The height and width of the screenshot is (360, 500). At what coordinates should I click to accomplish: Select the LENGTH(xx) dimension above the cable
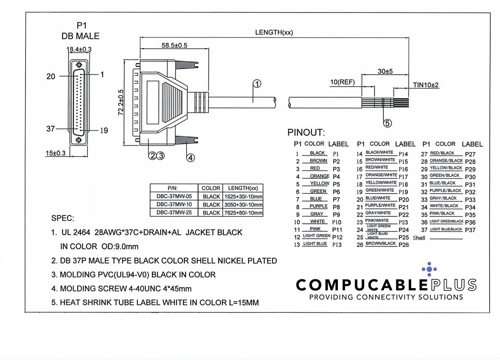point(274,32)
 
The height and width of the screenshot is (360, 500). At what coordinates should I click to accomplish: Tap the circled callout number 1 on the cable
point(257,84)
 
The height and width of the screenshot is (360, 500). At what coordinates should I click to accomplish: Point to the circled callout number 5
point(388,123)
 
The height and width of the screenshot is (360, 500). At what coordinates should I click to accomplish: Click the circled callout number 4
point(190,158)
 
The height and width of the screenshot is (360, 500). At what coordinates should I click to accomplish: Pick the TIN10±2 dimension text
point(425,85)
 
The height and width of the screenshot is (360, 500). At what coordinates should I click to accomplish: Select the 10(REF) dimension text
point(342,82)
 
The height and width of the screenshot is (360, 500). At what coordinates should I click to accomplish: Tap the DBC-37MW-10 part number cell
point(174,204)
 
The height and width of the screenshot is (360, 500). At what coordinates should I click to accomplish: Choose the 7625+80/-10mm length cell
point(243,213)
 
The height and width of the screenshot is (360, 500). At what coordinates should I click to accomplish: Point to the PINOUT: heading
point(306,133)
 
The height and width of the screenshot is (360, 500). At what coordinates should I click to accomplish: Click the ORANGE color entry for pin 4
point(319,176)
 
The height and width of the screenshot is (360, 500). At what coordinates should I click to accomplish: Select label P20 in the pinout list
point(404,200)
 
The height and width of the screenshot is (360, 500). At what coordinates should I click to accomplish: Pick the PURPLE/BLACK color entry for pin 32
point(445,190)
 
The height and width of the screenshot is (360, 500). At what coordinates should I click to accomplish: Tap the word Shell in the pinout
point(419,238)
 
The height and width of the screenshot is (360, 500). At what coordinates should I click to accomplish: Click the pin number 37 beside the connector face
point(51,129)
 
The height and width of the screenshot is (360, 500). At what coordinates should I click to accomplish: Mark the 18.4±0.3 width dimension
point(79,49)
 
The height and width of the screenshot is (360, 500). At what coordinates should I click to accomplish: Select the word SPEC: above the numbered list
point(63,218)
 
